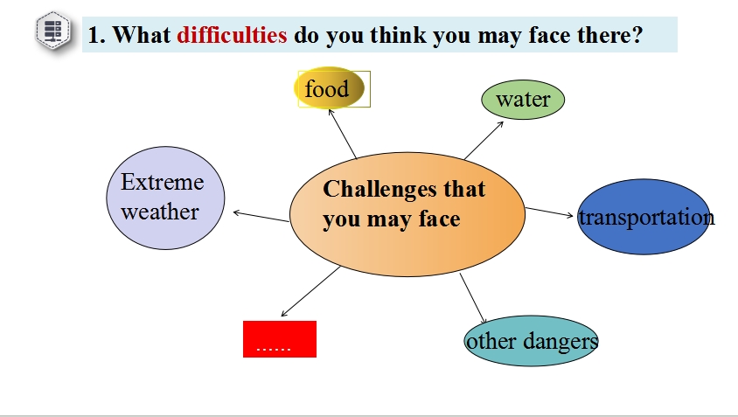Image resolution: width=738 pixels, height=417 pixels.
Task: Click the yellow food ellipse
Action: coord(330,88)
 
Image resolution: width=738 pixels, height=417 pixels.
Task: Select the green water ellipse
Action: coord(523,100)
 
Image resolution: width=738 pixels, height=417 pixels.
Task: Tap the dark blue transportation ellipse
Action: coord(644,217)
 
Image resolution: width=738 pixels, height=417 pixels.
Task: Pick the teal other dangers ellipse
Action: coord(531,341)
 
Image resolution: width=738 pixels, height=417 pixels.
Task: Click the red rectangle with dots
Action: coord(280,339)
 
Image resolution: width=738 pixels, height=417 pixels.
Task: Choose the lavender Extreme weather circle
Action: coord(165,198)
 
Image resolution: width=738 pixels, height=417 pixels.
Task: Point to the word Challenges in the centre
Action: coord(372,189)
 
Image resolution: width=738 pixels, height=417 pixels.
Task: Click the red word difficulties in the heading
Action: coord(232,35)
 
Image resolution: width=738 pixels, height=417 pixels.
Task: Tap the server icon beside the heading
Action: coord(53,31)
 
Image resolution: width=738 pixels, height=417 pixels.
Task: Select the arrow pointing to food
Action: coord(343,134)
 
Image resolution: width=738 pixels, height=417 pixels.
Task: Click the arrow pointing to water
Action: coord(484,140)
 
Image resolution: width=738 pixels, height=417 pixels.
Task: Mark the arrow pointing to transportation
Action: coord(549,212)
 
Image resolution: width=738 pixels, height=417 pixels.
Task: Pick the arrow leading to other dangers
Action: coord(473,298)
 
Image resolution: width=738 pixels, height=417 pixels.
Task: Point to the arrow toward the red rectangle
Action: coord(310,291)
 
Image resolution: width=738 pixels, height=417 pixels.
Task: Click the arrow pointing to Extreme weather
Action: coord(261,217)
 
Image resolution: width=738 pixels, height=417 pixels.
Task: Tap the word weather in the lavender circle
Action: coord(160,212)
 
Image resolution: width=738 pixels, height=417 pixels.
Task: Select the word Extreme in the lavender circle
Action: coord(163,182)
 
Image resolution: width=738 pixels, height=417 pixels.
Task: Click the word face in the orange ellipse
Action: coord(440,219)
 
